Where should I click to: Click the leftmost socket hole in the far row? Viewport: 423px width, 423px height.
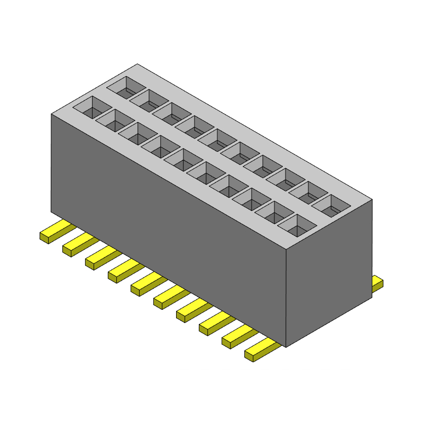(x=126, y=87)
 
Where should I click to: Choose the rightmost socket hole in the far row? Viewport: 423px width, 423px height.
(x=331, y=205)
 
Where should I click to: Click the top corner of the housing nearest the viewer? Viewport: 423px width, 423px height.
(x=286, y=249)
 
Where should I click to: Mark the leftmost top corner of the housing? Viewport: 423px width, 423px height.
(x=51, y=114)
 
